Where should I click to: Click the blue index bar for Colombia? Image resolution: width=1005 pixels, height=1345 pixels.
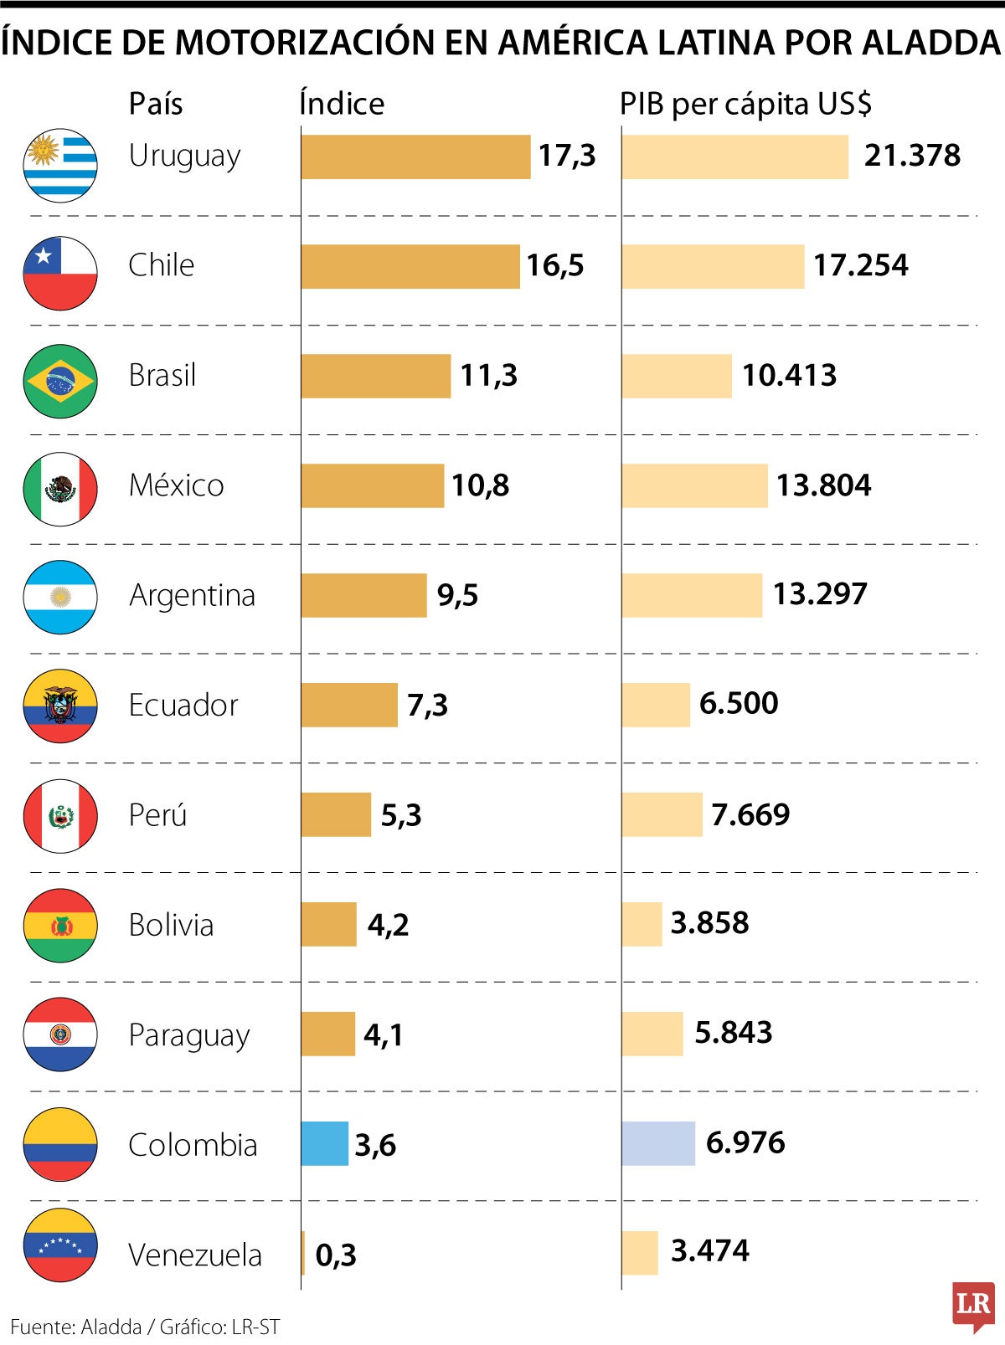325,1143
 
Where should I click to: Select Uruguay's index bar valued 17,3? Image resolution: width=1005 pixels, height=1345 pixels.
415,157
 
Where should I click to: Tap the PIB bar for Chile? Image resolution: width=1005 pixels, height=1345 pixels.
713,266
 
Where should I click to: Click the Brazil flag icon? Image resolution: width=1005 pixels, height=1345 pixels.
60,381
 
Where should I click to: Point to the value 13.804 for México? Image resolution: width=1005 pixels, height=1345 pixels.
823,485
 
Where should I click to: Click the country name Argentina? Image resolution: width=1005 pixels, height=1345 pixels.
192,595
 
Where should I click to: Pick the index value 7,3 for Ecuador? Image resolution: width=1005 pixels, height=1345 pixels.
427,705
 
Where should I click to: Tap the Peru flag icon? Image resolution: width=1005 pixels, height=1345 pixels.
60,816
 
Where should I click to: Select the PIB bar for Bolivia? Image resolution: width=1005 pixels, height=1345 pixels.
642,924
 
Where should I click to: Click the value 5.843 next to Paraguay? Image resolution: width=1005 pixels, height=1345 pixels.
733,1032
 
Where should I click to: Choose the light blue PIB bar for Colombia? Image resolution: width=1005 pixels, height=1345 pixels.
658,1143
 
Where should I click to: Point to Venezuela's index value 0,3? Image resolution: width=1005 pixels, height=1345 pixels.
336,1255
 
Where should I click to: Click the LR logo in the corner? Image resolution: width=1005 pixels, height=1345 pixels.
972,1305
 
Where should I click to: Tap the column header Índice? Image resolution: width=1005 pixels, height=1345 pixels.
342,104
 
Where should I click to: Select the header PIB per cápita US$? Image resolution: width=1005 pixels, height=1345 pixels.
745,104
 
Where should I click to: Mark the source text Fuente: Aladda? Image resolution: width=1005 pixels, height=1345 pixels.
76,1327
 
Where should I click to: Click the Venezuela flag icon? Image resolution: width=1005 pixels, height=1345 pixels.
60,1245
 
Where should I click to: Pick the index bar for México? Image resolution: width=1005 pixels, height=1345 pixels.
373,485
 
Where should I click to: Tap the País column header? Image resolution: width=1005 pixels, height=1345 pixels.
156,104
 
